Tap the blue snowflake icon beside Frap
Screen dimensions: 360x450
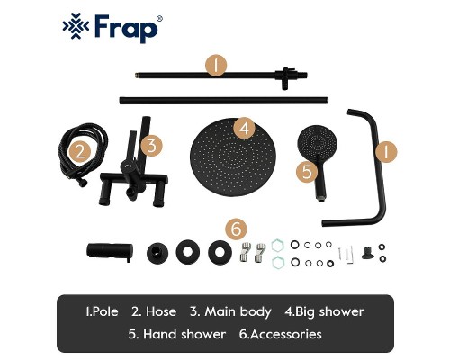coord(75,29)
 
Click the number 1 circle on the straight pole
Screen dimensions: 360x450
coord(216,65)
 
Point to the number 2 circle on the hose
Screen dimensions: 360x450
coord(80,151)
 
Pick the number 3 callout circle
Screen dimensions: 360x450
coord(152,144)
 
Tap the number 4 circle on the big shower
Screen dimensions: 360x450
coord(244,128)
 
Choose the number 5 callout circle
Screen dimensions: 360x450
coord(307,169)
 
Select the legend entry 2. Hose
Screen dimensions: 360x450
coord(154,312)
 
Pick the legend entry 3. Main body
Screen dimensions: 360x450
coord(230,312)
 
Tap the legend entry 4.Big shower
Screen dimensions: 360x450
coord(324,312)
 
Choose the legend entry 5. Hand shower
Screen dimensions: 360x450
coord(176,335)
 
